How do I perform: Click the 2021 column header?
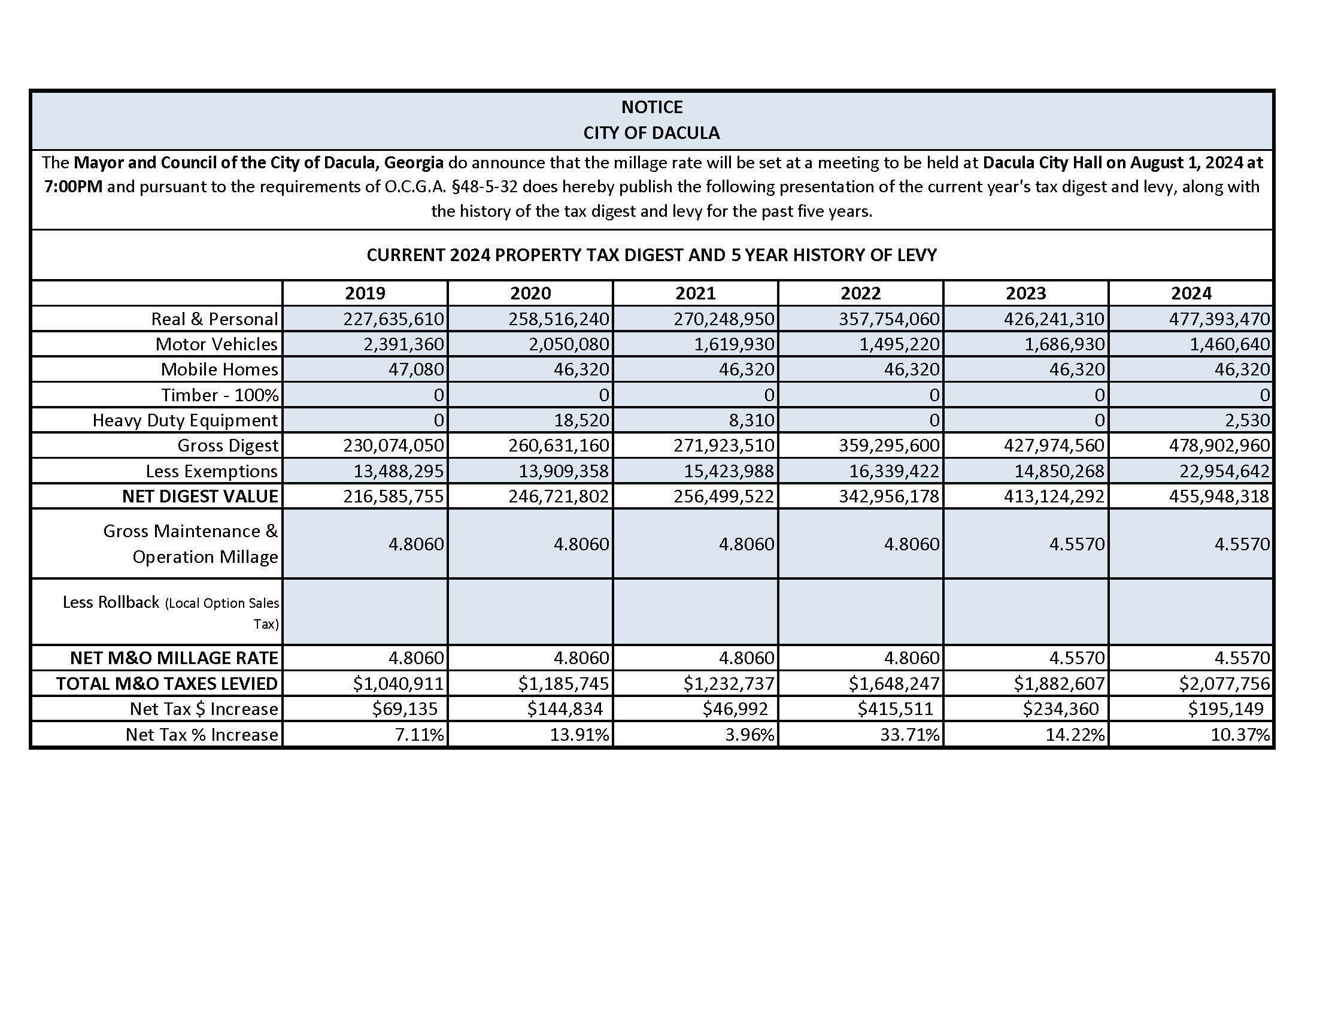[x=695, y=293]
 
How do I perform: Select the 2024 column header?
[x=1191, y=293]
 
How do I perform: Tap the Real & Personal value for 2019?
[x=394, y=319]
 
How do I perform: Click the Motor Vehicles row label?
[x=216, y=344]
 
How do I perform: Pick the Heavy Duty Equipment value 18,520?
[x=581, y=420]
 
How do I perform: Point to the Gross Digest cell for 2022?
[x=889, y=445]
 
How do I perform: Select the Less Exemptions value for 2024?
[x=1219, y=471]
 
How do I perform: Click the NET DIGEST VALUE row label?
[x=199, y=496]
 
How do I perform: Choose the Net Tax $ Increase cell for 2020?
[x=565, y=708]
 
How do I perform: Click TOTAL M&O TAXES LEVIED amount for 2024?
[x=1224, y=683]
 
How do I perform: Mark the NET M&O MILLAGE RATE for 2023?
[x=1077, y=658]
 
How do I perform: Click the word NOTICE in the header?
[x=651, y=107]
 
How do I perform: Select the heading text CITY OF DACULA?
[x=651, y=133]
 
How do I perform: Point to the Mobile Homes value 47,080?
[x=416, y=369]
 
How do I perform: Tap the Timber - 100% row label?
[x=220, y=395]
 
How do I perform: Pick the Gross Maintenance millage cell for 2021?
[x=746, y=544]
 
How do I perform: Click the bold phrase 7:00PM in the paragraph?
[x=73, y=186]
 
